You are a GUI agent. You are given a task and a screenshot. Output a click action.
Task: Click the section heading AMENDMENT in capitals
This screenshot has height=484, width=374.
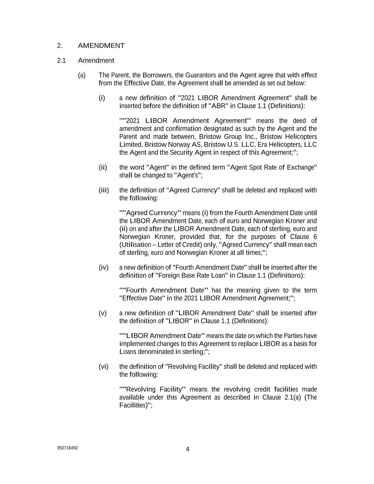[101, 46]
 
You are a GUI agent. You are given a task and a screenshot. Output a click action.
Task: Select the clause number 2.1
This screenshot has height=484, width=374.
[61, 61]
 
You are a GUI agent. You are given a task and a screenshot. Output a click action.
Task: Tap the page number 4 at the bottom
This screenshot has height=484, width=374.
[188, 449]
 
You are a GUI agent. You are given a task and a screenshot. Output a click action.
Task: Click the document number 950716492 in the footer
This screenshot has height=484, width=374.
[67, 448]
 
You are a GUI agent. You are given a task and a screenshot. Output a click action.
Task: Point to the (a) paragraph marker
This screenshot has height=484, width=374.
[82, 75]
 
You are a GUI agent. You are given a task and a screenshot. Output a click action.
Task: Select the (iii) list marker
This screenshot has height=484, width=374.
[104, 190]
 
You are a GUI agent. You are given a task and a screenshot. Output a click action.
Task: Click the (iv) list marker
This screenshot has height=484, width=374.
[104, 267]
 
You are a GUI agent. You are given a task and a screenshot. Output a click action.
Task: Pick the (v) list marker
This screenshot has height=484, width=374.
[102, 313]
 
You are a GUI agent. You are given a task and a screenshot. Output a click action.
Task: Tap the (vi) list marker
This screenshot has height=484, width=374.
[104, 367]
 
